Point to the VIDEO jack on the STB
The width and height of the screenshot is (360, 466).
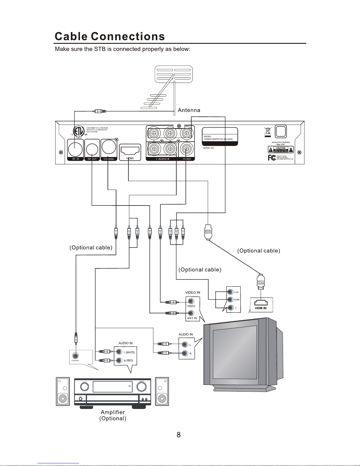186,150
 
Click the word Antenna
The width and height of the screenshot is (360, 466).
189,110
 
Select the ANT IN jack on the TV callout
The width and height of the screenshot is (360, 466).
191,313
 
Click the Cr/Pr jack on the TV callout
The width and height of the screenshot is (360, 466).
231,292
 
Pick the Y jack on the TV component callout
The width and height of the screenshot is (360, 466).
231,308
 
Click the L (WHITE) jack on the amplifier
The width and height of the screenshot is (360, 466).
119,352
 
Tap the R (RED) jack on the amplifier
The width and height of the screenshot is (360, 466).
119,360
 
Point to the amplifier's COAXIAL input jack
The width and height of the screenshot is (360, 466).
76,355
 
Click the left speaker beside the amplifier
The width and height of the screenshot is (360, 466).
63,392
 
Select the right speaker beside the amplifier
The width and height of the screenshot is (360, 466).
162,392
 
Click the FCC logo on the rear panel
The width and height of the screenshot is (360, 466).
272,158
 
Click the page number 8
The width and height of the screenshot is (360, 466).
178,435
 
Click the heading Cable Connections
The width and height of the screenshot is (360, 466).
110,36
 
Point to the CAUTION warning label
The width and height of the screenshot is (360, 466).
281,149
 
